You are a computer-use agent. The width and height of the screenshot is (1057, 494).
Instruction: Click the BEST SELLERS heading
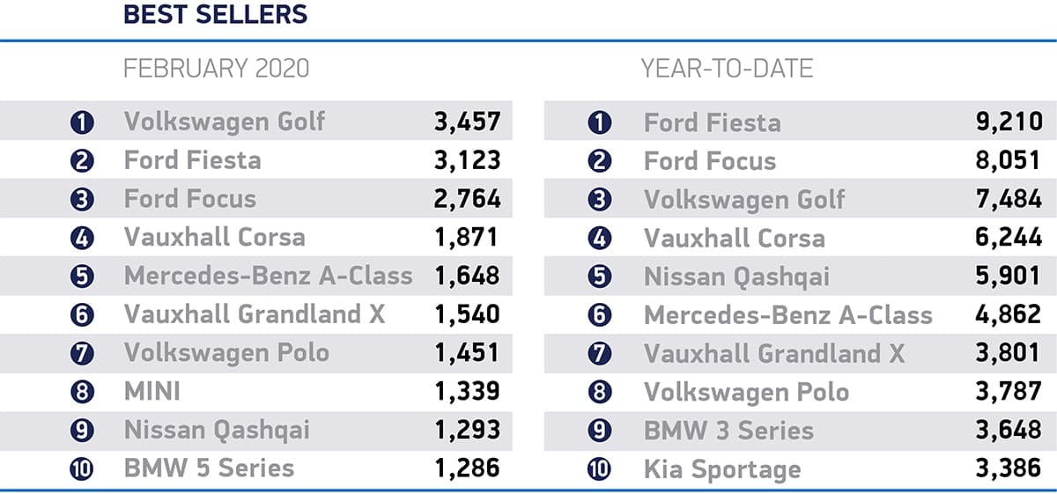216,15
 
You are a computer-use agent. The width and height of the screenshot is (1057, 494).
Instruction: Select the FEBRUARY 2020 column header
217,69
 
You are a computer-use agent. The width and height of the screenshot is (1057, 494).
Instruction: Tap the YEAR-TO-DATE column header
728,69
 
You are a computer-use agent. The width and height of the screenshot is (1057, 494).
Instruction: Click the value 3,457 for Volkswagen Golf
467,122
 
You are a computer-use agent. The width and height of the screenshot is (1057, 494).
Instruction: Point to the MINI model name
152,390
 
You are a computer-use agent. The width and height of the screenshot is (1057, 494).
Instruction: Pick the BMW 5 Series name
209,468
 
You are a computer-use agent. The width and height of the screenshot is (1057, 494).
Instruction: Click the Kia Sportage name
722,469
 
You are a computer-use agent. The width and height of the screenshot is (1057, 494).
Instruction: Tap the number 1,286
467,468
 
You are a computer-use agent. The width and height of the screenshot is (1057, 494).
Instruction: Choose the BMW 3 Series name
728,431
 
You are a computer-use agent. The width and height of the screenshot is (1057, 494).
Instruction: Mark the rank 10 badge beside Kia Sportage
600,468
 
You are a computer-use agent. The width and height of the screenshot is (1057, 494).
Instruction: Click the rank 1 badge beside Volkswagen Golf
82,122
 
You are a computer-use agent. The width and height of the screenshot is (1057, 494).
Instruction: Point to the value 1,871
467,237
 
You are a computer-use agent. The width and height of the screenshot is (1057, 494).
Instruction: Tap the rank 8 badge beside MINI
82,391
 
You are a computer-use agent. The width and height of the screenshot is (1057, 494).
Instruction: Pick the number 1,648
467,276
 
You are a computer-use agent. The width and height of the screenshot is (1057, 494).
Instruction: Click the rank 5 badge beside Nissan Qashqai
600,276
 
